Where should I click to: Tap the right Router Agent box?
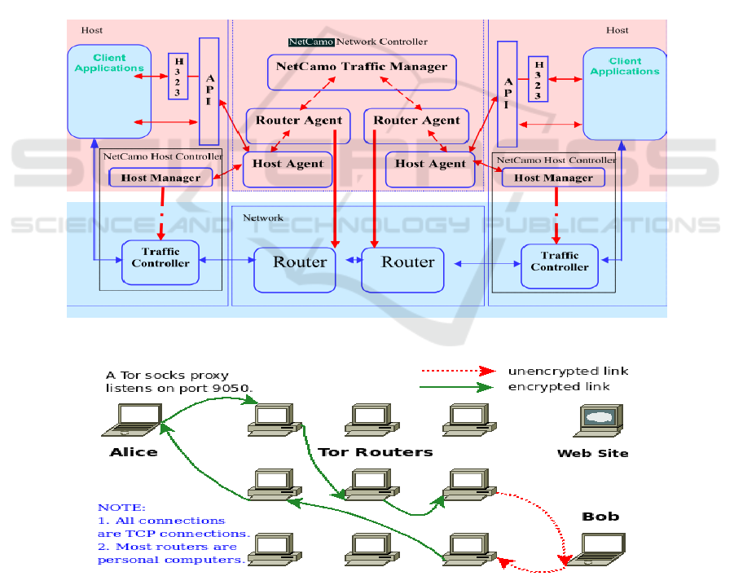click(x=416, y=121)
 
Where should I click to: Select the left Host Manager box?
click(x=160, y=178)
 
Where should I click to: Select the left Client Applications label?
click(x=109, y=63)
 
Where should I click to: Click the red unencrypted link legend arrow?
click(x=457, y=371)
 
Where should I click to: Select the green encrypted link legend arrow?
click(x=457, y=386)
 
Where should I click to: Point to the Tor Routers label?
click(x=375, y=451)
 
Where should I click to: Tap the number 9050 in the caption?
click(x=235, y=389)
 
